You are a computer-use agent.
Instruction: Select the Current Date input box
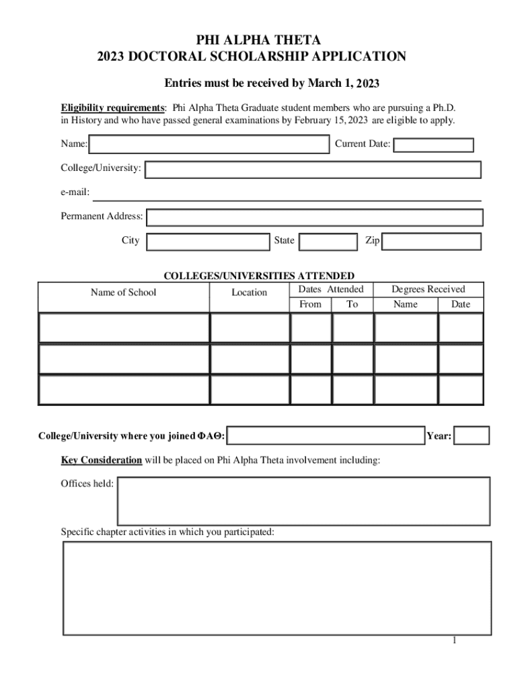pyautogui.click(x=433, y=145)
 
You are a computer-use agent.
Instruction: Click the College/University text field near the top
pyautogui.click(x=313, y=169)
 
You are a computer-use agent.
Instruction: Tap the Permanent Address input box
pyautogui.click(x=314, y=217)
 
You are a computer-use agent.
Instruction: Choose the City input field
pyautogui.click(x=208, y=242)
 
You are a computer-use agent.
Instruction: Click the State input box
pyautogui.click(x=328, y=242)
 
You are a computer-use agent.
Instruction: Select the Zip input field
pyautogui.click(x=431, y=242)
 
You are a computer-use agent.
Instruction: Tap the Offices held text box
pyautogui.click(x=303, y=501)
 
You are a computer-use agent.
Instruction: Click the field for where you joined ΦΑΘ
pyautogui.click(x=326, y=436)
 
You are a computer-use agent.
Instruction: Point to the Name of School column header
pyautogui.click(x=123, y=292)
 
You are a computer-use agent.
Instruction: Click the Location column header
pyautogui.click(x=249, y=292)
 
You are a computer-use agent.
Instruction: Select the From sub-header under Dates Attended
pyautogui.click(x=310, y=304)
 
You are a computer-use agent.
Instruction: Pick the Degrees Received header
pyautogui.click(x=428, y=289)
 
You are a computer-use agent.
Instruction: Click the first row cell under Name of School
pyautogui.click(x=124, y=328)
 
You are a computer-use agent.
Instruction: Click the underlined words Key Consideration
pyautogui.click(x=101, y=461)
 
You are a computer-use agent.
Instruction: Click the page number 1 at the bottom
pyautogui.click(x=455, y=640)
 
